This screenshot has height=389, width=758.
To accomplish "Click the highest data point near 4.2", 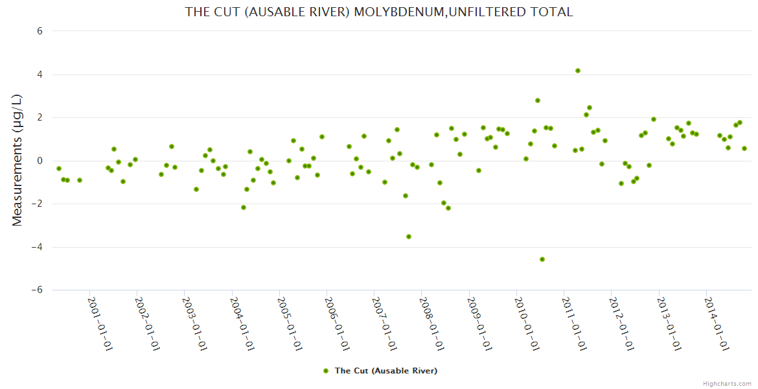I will pos(578,71).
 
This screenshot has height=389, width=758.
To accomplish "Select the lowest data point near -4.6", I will pos(542,259).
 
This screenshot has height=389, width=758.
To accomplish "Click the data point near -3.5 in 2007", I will pos(409,237).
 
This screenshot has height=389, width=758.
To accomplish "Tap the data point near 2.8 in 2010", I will pos(538,100).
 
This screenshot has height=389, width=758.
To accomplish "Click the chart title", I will pos(379,12).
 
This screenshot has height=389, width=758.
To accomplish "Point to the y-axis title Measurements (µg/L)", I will pos(17,160).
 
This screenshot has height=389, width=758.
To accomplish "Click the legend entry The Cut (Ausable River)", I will pos(385,371).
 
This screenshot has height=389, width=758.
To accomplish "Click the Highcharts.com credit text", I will pos(727,383).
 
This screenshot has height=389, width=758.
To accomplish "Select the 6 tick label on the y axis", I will pos(39,31).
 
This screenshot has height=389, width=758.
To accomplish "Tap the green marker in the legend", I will pos(326,371).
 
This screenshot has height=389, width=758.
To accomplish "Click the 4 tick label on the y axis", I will pos(39,75).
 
